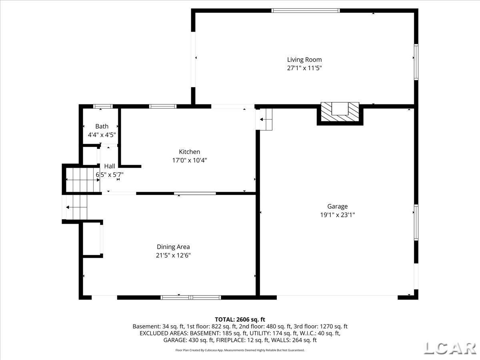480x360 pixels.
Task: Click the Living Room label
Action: tap(304, 60)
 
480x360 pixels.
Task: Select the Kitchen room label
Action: tap(189, 152)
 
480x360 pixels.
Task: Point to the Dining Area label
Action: tap(173, 247)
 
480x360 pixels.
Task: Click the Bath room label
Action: tap(102, 126)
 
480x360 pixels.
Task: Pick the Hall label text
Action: tap(109, 166)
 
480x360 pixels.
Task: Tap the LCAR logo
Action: tap(450, 348)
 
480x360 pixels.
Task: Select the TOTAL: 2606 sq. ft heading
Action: tap(240, 319)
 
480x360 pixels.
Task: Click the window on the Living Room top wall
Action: tap(306, 11)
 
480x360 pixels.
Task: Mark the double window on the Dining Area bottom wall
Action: tap(191, 297)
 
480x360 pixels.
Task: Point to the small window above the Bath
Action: tap(103, 106)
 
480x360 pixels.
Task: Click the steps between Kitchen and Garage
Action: tap(264, 119)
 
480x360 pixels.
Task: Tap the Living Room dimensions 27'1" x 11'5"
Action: tap(304, 68)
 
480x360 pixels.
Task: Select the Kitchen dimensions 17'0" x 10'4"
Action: tap(189, 160)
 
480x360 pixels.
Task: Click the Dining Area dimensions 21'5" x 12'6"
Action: tap(173, 255)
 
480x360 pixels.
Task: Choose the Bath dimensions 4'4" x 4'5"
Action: tap(102, 135)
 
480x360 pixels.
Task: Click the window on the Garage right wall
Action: tap(416, 222)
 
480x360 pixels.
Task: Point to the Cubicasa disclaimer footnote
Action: tap(240, 350)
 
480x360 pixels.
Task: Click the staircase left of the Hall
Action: tap(82, 180)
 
